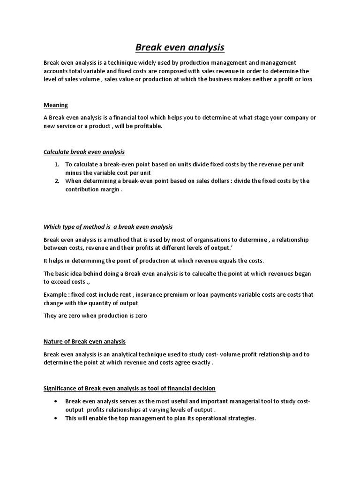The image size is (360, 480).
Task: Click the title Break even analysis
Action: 180,47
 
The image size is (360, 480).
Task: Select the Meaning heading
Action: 56,105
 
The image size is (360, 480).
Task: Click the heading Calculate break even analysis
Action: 84,152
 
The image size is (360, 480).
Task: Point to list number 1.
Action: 56,165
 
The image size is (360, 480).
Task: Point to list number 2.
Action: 56,181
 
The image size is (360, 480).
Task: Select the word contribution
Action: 82,189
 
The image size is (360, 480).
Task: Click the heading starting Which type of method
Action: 108,227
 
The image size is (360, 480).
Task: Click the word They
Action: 50,315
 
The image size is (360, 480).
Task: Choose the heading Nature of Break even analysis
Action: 84,341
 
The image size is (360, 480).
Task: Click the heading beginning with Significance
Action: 129,388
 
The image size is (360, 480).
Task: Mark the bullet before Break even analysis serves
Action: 56,402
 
